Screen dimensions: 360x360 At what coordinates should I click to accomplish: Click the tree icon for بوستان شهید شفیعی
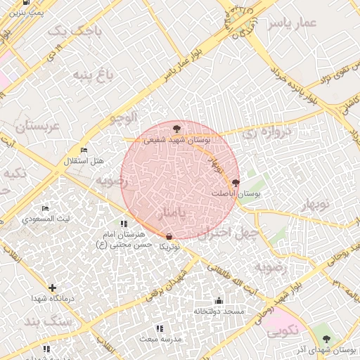click(x=176, y=128)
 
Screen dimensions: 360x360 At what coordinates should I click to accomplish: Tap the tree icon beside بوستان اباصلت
click(x=235, y=182)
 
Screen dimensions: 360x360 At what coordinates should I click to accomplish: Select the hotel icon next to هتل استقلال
click(x=84, y=150)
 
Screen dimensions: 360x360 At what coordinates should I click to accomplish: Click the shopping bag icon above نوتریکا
click(x=169, y=236)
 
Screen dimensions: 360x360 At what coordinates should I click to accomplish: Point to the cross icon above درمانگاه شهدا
click(x=52, y=287)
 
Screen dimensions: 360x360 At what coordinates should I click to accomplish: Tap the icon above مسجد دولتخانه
click(x=218, y=300)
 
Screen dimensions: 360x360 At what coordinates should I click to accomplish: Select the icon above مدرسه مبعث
click(x=159, y=328)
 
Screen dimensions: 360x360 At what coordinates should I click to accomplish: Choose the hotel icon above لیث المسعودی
click(x=46, y=209)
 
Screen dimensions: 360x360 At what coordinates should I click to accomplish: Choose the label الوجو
click(x=124, y=117)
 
